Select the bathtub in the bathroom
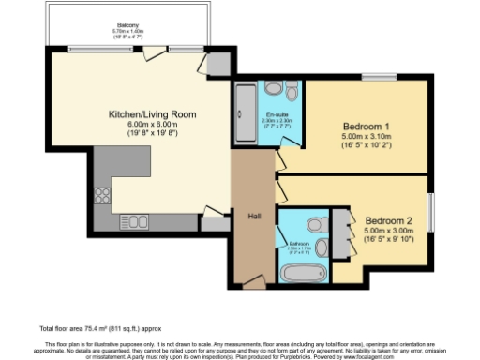302,274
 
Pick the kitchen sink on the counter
137,223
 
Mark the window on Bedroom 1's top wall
378,77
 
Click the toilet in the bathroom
317,225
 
